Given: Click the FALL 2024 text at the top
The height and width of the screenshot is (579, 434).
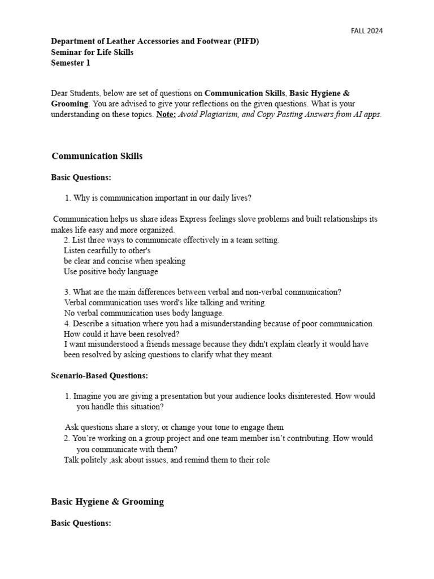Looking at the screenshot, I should (367, 31).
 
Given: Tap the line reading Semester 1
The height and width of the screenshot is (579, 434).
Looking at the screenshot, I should (71, 63).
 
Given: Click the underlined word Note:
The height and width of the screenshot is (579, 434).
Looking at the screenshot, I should (167, 114).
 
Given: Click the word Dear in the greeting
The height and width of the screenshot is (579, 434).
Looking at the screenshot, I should (60, 93).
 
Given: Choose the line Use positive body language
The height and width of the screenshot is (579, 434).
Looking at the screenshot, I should (111, 271).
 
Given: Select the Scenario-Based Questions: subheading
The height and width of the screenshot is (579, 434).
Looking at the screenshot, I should (99, 375).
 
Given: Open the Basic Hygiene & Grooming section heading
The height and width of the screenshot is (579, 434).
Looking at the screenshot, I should (107, 502).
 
